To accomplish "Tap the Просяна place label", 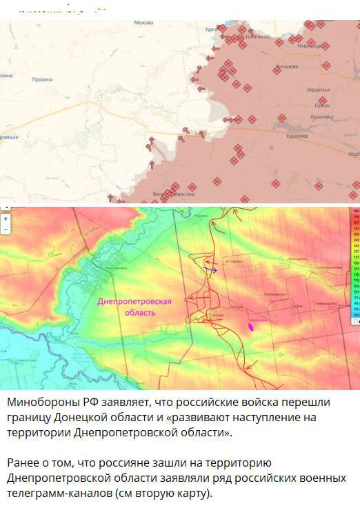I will pyautogui.click(x=42, y=79).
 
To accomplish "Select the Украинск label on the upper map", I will pyautogui.click(x=318, y=90).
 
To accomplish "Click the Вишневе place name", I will pyautogui.click(x=287, y=67).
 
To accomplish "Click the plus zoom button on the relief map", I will pyautogui.click(x=6, y=218).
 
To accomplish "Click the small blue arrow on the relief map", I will pyautogui.click(x=213, y=270).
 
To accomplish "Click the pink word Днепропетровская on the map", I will pyautogui.click(x=134, y=301).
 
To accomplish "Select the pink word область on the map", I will pyautogui.click(x=134, y=312).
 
